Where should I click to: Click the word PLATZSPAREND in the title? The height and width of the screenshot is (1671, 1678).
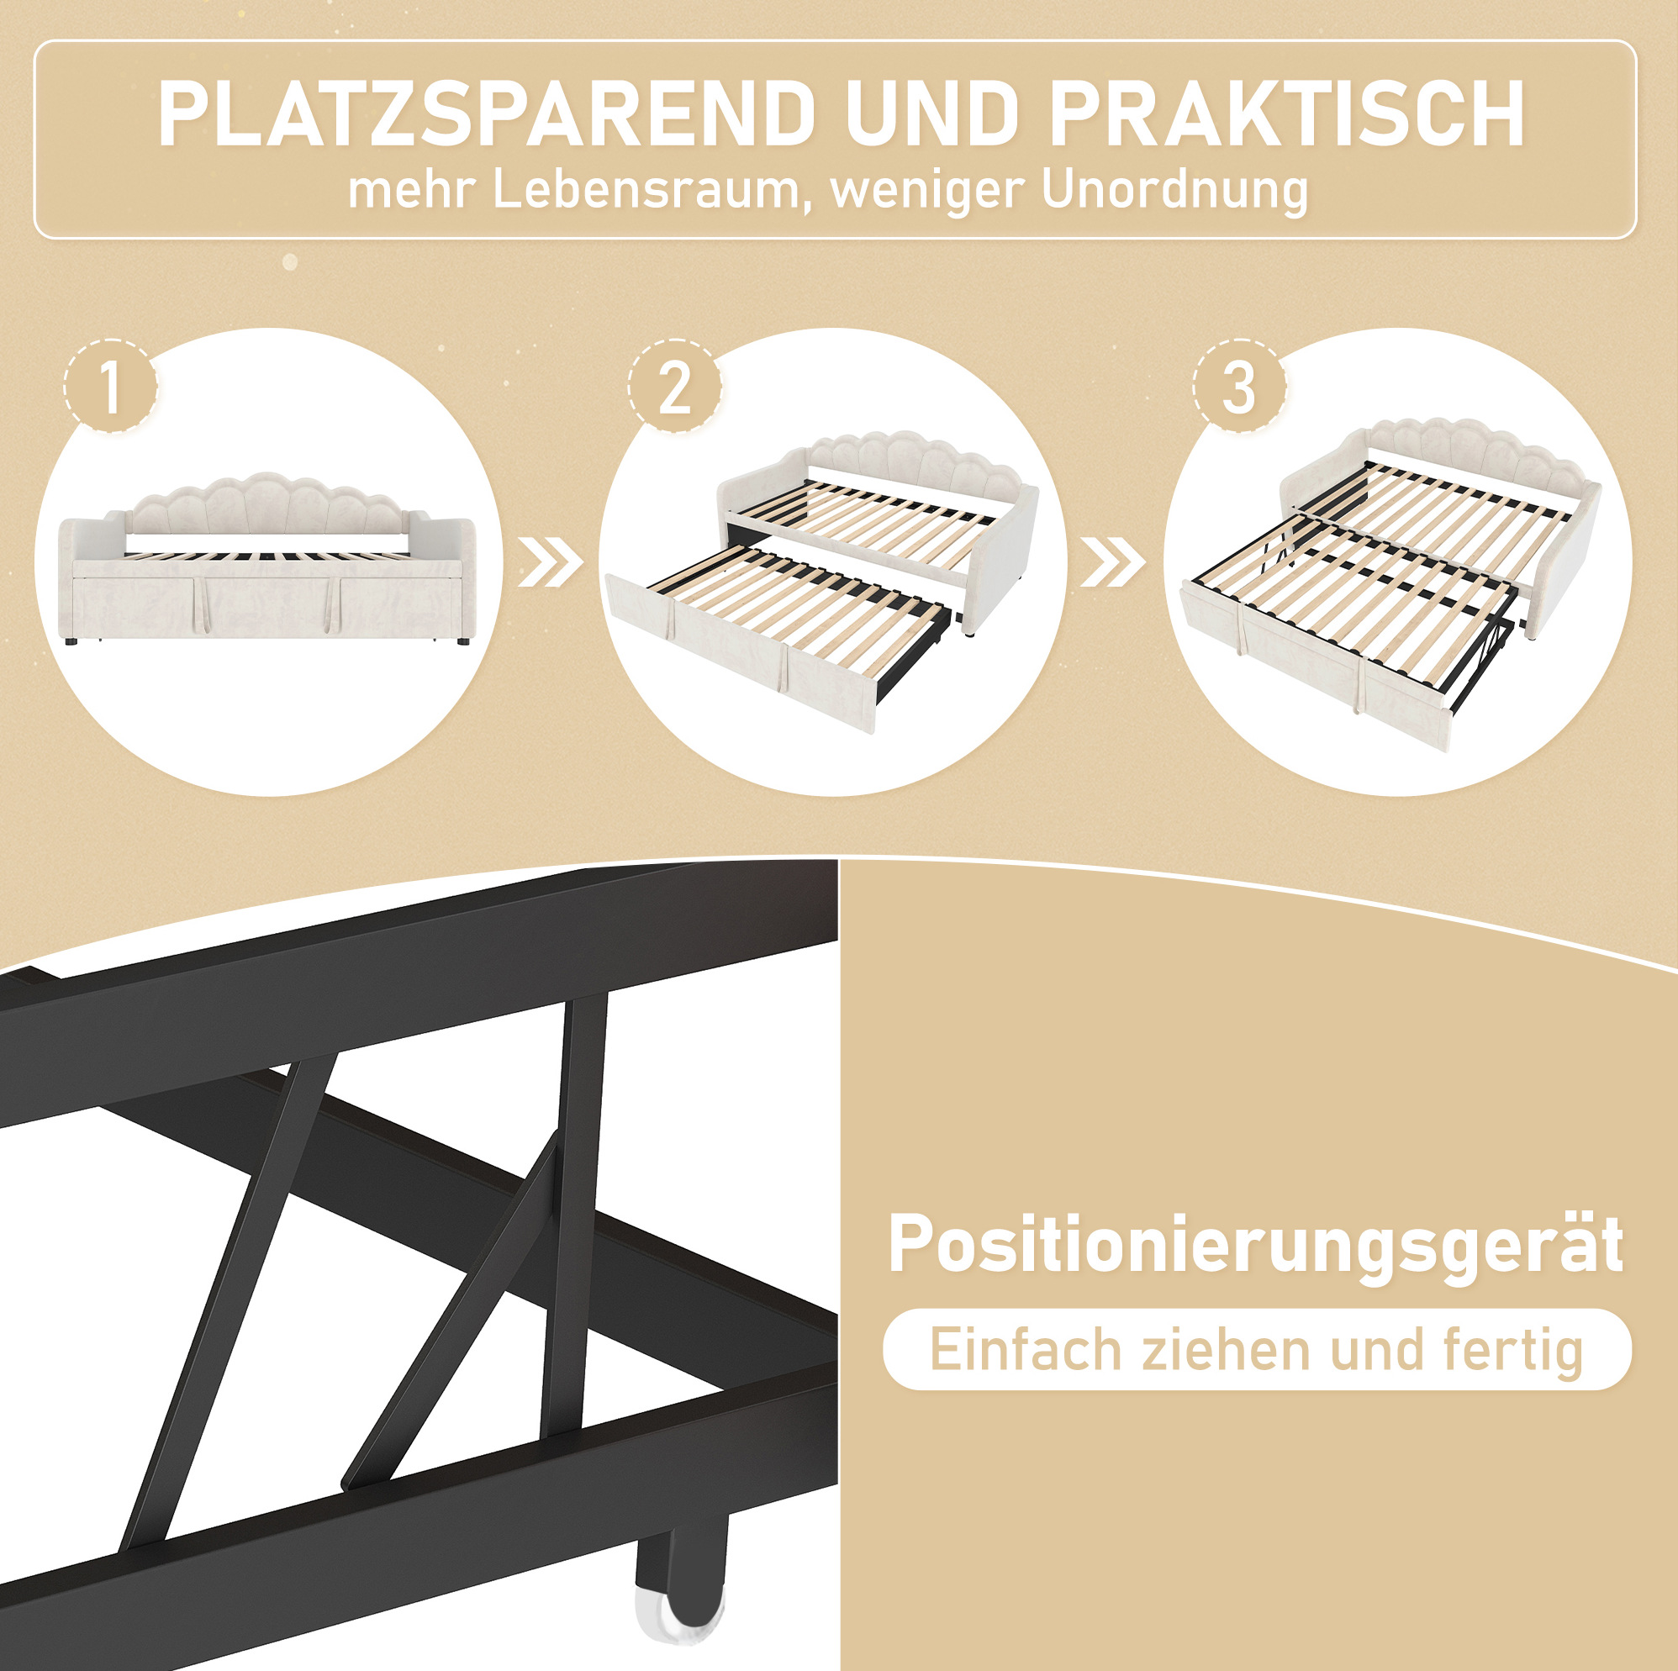tap(487, 114)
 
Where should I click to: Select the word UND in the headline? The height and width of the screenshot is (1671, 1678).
tap(933, 114)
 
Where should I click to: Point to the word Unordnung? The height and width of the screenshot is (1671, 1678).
tap(1175, 191)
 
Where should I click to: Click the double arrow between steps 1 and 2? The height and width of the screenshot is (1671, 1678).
tap(551, 562)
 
